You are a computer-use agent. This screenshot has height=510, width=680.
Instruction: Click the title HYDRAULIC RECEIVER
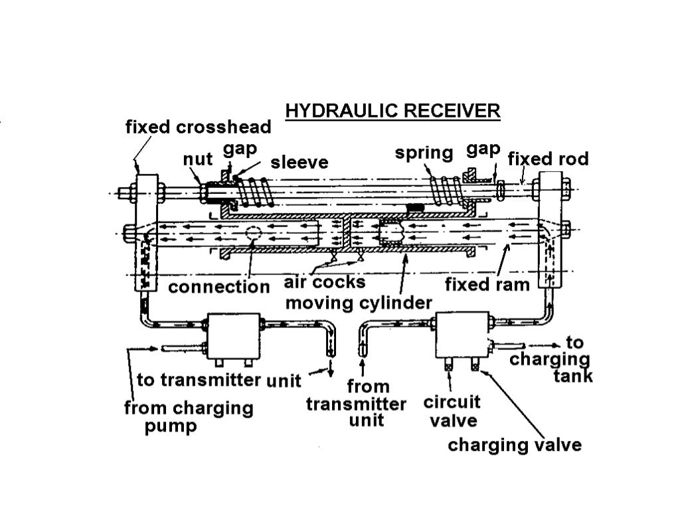tap(392, 110)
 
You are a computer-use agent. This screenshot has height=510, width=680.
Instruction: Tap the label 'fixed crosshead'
tap(199, 127)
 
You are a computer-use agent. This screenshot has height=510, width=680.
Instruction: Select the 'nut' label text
tap(197, 160)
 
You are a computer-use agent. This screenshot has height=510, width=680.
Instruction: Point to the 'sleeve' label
tap(299, 162)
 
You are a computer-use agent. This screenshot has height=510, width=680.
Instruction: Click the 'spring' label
tap(424, 153)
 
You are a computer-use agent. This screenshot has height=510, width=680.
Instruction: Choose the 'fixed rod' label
tap(548, 159)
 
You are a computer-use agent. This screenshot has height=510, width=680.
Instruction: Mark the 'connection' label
tap(219, 288)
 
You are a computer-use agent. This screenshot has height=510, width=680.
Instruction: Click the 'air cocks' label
tap(325, 282)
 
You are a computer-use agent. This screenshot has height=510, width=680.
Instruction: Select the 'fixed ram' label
tap(487, 286)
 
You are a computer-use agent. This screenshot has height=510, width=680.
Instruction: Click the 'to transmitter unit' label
tap(219, 381)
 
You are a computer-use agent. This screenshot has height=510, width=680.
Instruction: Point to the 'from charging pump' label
tap(189, 416)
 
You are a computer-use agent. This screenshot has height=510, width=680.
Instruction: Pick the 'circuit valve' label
tap(452, 411)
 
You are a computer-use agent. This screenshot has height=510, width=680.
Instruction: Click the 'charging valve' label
tap(515, 444)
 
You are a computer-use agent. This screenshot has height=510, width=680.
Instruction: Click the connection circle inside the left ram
tap(253, 234)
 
